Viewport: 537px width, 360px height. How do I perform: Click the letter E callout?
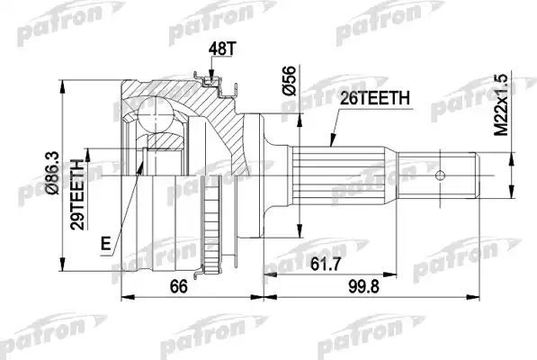(x=107, y=242)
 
